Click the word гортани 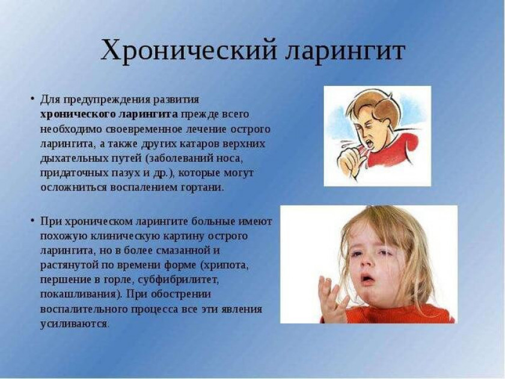click(204, 187)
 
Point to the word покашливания click(78, 294)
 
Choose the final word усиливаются click(74, 324)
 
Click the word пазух click(110, 173)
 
